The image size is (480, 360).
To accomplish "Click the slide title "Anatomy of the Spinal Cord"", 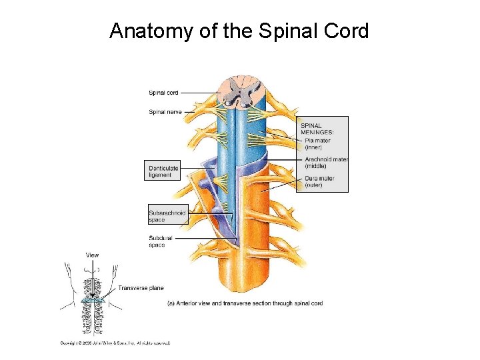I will coord(239,31).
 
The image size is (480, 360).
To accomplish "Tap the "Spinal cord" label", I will coord(163,93).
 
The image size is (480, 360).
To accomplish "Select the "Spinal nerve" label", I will coord(165,112).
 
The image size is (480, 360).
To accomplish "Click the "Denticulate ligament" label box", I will coord(163,171).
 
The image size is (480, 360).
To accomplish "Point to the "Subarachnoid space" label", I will coord(167,216).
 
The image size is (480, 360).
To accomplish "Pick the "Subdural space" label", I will coord(161,241).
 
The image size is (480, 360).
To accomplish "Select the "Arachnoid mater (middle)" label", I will coord(326,162).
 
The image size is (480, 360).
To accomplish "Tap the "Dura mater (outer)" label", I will coord(319,181).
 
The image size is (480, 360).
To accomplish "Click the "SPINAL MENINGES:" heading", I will coord(317,128).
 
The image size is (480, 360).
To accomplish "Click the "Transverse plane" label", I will coord(141,288).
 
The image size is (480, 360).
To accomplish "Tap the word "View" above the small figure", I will coord(92,255).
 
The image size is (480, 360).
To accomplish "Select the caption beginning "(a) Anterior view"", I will coord(245,303).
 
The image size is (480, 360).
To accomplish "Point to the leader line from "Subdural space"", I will coord(200,238).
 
